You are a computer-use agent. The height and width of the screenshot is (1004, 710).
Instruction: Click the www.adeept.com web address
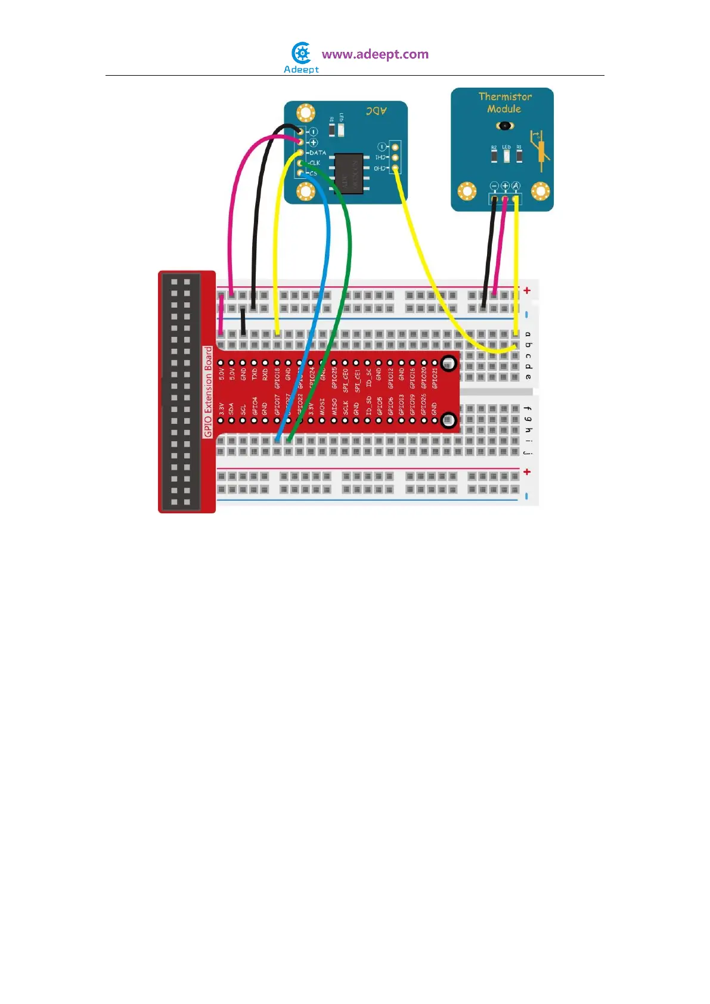click(x=375, y=54)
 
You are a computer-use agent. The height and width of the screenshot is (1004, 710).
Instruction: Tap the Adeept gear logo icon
click(x=302, y=54)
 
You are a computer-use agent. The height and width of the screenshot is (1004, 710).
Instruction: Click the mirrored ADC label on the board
click(x=376, y=111)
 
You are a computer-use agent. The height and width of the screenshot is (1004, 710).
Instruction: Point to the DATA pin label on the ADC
click(x=318, y=153)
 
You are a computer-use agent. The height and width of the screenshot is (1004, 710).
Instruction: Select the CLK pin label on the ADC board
click(x=314, y=163)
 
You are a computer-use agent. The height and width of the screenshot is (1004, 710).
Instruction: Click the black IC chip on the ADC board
click(x=349, y=173)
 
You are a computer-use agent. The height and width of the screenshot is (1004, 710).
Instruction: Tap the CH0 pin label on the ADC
click(x=380, y=169)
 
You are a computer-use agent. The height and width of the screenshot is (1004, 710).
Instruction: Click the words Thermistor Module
click(x=504, y=103)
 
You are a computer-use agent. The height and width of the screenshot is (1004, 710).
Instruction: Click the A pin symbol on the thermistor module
click(x=516, y=186)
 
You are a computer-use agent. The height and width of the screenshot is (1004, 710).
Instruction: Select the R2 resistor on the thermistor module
click(x=494, y=156)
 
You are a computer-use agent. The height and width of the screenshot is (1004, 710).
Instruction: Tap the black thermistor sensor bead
click(x=505, y=126)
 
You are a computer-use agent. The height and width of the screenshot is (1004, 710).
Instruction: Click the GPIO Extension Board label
click(x=208, y=391)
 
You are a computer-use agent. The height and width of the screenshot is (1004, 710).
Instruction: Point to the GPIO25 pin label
click(x=334, y=377)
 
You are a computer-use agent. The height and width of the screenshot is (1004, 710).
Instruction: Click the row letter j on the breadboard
click(x=528, y=452)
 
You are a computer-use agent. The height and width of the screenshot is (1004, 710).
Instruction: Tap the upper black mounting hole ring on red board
click(x=449, y=362)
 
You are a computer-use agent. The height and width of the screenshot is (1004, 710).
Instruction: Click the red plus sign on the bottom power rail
click(x=527, y=472)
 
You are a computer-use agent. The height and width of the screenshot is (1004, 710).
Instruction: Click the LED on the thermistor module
click(x=506, y=156)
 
